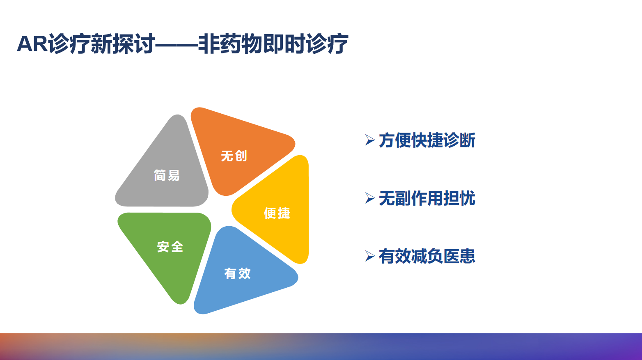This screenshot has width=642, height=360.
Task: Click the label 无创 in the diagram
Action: (234, 156)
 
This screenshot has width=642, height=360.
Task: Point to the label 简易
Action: (167, 175)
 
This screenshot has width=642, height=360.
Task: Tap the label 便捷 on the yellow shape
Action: (277, 213)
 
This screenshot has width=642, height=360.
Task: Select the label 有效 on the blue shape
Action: (237, 273)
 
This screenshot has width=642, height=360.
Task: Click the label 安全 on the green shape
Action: (170, 247)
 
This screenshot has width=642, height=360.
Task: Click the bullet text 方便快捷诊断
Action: (427, 140)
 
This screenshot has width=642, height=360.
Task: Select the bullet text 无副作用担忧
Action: (427, 198)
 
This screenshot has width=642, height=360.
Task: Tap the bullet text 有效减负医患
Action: (427, 256)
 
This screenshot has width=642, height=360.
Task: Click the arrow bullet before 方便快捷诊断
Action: (370, 140)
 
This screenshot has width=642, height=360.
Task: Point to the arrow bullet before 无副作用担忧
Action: (370, 198)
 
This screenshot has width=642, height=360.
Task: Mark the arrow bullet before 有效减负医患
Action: (370, 256)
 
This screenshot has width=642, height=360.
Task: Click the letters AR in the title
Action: (32, 44)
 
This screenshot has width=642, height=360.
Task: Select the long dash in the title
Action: (177, 45)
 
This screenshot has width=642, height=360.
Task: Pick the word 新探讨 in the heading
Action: (123, 44)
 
